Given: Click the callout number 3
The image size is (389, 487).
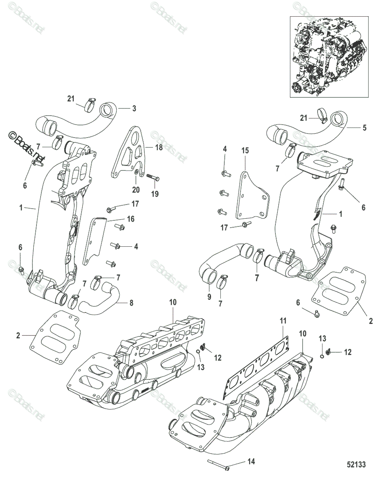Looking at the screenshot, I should [x=134, y=108].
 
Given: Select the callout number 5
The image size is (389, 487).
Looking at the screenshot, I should [x=364, y=127].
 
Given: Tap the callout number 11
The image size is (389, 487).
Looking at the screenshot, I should [x=283, y=321].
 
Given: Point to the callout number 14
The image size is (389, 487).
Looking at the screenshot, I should [x=251, y=462].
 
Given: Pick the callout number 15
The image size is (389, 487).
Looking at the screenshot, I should [x=245, y=151].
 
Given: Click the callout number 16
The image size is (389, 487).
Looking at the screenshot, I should [x=131, y=219].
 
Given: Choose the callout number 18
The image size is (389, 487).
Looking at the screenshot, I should [x=159, y=148].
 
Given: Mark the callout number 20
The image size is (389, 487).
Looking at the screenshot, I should [x=136, y=189].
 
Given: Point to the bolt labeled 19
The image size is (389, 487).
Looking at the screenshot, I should [x=152, y=177].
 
